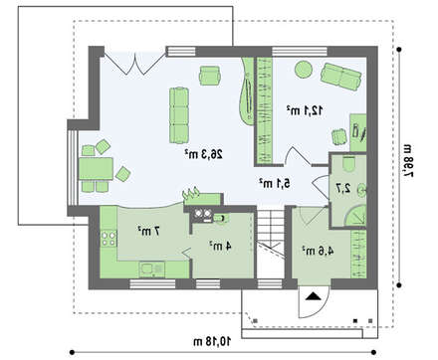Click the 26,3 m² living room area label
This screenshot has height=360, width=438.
click(204, 154)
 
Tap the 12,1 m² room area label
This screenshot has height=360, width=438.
click(305, 110)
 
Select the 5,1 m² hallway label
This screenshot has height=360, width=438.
click(275, 183)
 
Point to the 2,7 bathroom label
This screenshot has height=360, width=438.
click(343, 188)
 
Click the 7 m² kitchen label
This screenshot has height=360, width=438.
click(148, 231)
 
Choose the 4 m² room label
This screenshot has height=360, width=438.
click(220, 246)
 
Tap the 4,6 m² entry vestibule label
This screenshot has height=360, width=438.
click(318, 251)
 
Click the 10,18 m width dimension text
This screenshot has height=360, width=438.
click(212, 341)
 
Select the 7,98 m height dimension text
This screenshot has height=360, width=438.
click(408, 160)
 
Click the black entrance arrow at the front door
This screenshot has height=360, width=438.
click(314, 296)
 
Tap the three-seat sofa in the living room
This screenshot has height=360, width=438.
click(179, 115)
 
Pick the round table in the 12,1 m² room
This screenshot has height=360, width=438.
click(304, 70)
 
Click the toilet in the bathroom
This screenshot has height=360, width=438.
click(348, 164)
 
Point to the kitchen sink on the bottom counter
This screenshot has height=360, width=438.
click(152, 270)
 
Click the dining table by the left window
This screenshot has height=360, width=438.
click(96, 169)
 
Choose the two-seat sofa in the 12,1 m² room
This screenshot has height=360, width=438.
click(340, 77)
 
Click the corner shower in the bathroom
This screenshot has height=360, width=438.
click(355, 216)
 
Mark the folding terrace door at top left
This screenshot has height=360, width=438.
click(135, 63)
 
